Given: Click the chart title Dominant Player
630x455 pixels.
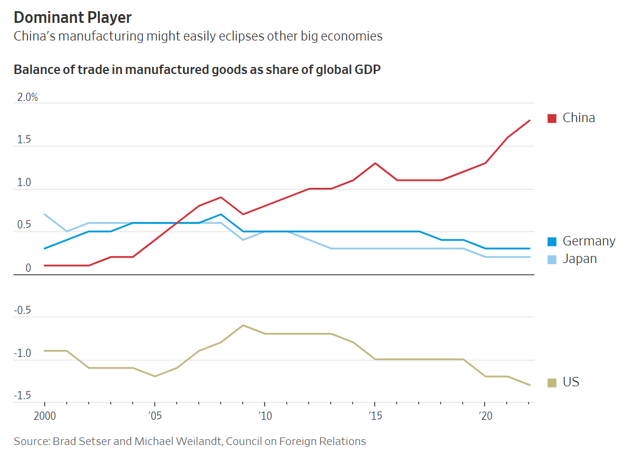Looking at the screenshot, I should pos(73,17).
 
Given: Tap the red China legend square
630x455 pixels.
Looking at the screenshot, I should pos(551,118).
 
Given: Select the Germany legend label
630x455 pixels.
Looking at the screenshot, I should pos(588,241).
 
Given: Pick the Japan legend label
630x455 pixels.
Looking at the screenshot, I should pos(579,258).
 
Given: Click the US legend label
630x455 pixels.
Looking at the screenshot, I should pos(570,382).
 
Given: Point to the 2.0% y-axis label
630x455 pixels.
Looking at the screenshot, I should pos(27,97).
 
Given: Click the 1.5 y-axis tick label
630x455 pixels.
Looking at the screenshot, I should pos(24,140).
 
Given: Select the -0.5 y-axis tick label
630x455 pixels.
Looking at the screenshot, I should pos(23,311).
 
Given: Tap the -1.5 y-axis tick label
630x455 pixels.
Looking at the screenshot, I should pos(23,396).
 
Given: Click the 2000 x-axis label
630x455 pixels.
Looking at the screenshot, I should pos(45,416).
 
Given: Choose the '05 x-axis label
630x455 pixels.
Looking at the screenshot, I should pos(154,416).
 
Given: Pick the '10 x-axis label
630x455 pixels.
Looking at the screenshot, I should pos(265,416).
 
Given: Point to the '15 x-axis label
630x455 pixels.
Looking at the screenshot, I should pos(375,416).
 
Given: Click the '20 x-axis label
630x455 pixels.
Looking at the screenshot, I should pos(485,416).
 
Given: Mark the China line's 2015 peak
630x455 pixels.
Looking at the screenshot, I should pos(375,163).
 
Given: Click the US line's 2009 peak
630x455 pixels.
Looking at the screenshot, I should pos(243,325).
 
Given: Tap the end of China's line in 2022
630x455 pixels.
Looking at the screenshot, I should pos(530,120).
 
